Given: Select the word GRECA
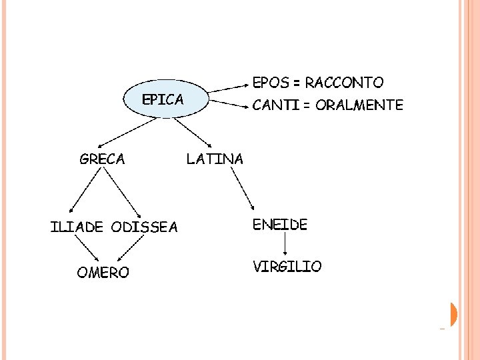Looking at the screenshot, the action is point(102,159).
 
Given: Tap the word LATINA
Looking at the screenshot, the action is point(215,159).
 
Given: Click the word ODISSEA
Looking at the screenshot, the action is point(145,227).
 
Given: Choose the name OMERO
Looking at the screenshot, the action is point(103,273).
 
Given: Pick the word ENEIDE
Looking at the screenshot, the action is point(279,225).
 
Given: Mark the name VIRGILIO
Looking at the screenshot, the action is point(287,267).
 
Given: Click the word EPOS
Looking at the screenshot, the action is point(271,83).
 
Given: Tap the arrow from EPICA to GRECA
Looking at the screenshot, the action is point(117,133).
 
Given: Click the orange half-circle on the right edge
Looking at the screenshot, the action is point(454,314).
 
